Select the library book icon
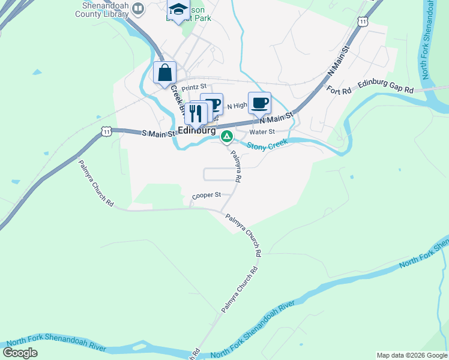click(x=139, y=8)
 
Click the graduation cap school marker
click(x=178, y=10)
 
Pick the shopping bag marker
click(x=165, y=73)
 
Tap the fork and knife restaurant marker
click(x=196, y=113)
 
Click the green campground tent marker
click(x=227, y=137)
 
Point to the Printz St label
click(x=194, y=87)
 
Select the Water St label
click(x=262, y=131)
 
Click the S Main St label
click(x=158, y=133)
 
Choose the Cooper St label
click(x=206, y=195)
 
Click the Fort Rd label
click(x=339, y=91)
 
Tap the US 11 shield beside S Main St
click(x=106, y=130)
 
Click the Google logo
click(x=20, y=353)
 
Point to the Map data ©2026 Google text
click(x=411, y=355)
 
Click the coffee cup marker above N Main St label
click(x=259, y=103)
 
